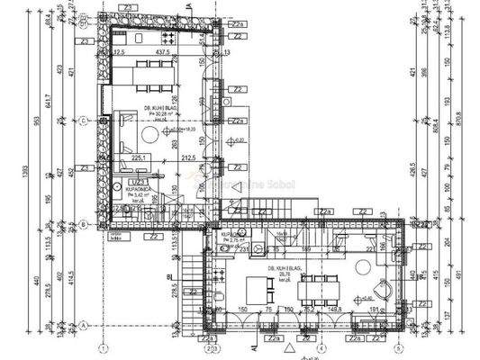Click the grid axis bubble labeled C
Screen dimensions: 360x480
[x=82, y=119]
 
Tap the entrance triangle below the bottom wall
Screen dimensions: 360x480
[x=288, y=346]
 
